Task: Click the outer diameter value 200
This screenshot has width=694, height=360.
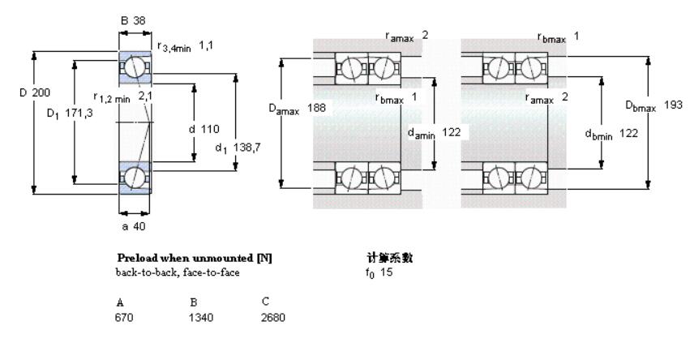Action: pyautogui.click(x=41, y=92)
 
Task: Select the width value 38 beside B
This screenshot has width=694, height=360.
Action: pyautogui.click(x=139, y=20)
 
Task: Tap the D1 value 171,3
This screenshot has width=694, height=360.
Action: pyautogui.click(x=79, y=113)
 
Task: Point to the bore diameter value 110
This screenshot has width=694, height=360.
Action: pyautogui.click(x=210, y=129)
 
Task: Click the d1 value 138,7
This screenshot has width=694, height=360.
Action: pyautogui.click(x=246, y=147)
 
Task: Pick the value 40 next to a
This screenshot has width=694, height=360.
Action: pyautogui.click(x=139, y=226)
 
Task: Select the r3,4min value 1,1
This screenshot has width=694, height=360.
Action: pyautogui.click(x=206, y=45)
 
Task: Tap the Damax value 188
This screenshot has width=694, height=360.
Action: pyautogui.click(x=316, y=108)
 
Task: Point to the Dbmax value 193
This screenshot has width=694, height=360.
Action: pyautogui.click(x=673, y=105)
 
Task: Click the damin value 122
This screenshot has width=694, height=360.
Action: pyautogui.click(x=451, y=132)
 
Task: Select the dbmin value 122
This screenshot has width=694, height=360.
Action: pyautogui.click(x=628, y=133)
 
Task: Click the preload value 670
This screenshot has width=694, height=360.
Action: pyautogui.click(x=124, y=318)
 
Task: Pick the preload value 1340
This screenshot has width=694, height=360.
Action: pyautogui.click(x=201, y=318)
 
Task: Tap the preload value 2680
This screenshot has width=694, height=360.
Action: pyautogui.click(x=273, y=318)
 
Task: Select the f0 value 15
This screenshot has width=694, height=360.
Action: pyautogui.click(x=386, y=272)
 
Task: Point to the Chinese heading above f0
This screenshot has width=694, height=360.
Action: pyautogui.click(x=389, y=257)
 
